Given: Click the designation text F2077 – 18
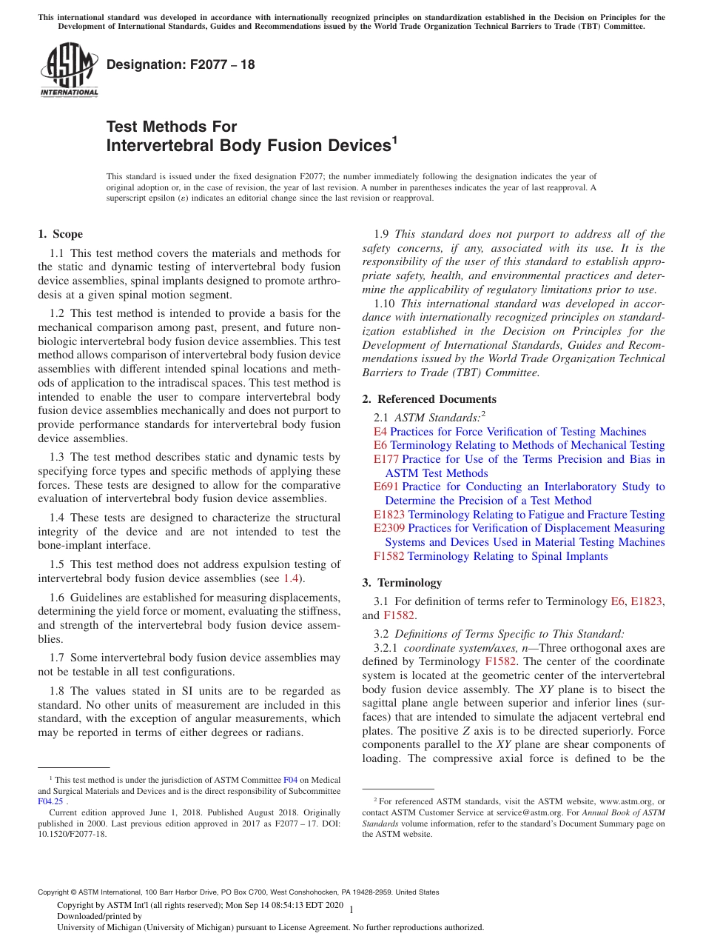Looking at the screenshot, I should click(x=181, y=64).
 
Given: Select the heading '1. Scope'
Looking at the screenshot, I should click(x=60, y=234).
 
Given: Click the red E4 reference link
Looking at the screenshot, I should click(x=380, y=432).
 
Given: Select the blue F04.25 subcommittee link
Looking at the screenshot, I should click(x=50, y=801).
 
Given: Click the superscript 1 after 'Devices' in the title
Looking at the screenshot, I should click(x=394, y=139).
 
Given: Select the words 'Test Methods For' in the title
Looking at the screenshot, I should click(x=172, y=126).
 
